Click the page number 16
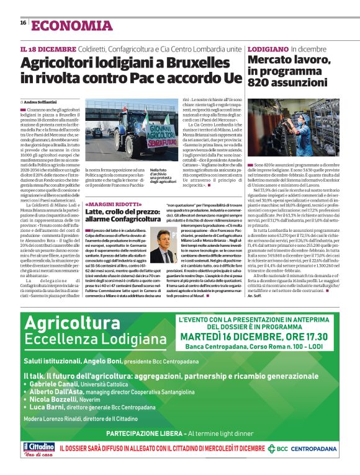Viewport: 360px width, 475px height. click(x=23, y=23)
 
